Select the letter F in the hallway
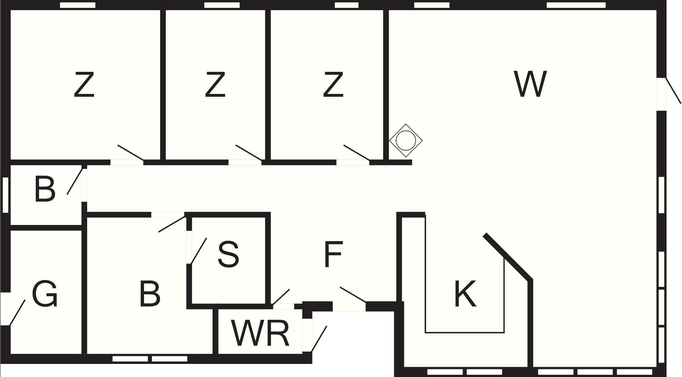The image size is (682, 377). (x=333, y=254)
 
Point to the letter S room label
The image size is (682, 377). (x=228, y=254)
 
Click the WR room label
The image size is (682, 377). (x=260, y=333)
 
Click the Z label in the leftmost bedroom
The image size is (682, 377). (x=84, y=84)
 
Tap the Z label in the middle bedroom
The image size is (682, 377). (x=215, y=84)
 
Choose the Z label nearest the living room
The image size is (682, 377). (x=333, y=84)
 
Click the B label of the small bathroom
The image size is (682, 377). (x=45, y=189)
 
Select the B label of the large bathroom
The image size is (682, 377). (x=150, y=294)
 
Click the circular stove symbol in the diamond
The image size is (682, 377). (x=405, y=140)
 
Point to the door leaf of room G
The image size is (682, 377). (x=17, y=312)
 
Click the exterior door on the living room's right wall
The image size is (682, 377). (x=673, y=90)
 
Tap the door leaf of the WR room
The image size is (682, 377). (x=319, y=339)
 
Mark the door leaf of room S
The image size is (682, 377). (x=199, y=251)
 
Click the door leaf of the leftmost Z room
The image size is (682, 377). (x=131, y=153)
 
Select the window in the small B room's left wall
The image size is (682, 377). (x=5, y=195)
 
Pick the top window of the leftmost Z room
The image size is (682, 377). (x=77, y=5)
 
